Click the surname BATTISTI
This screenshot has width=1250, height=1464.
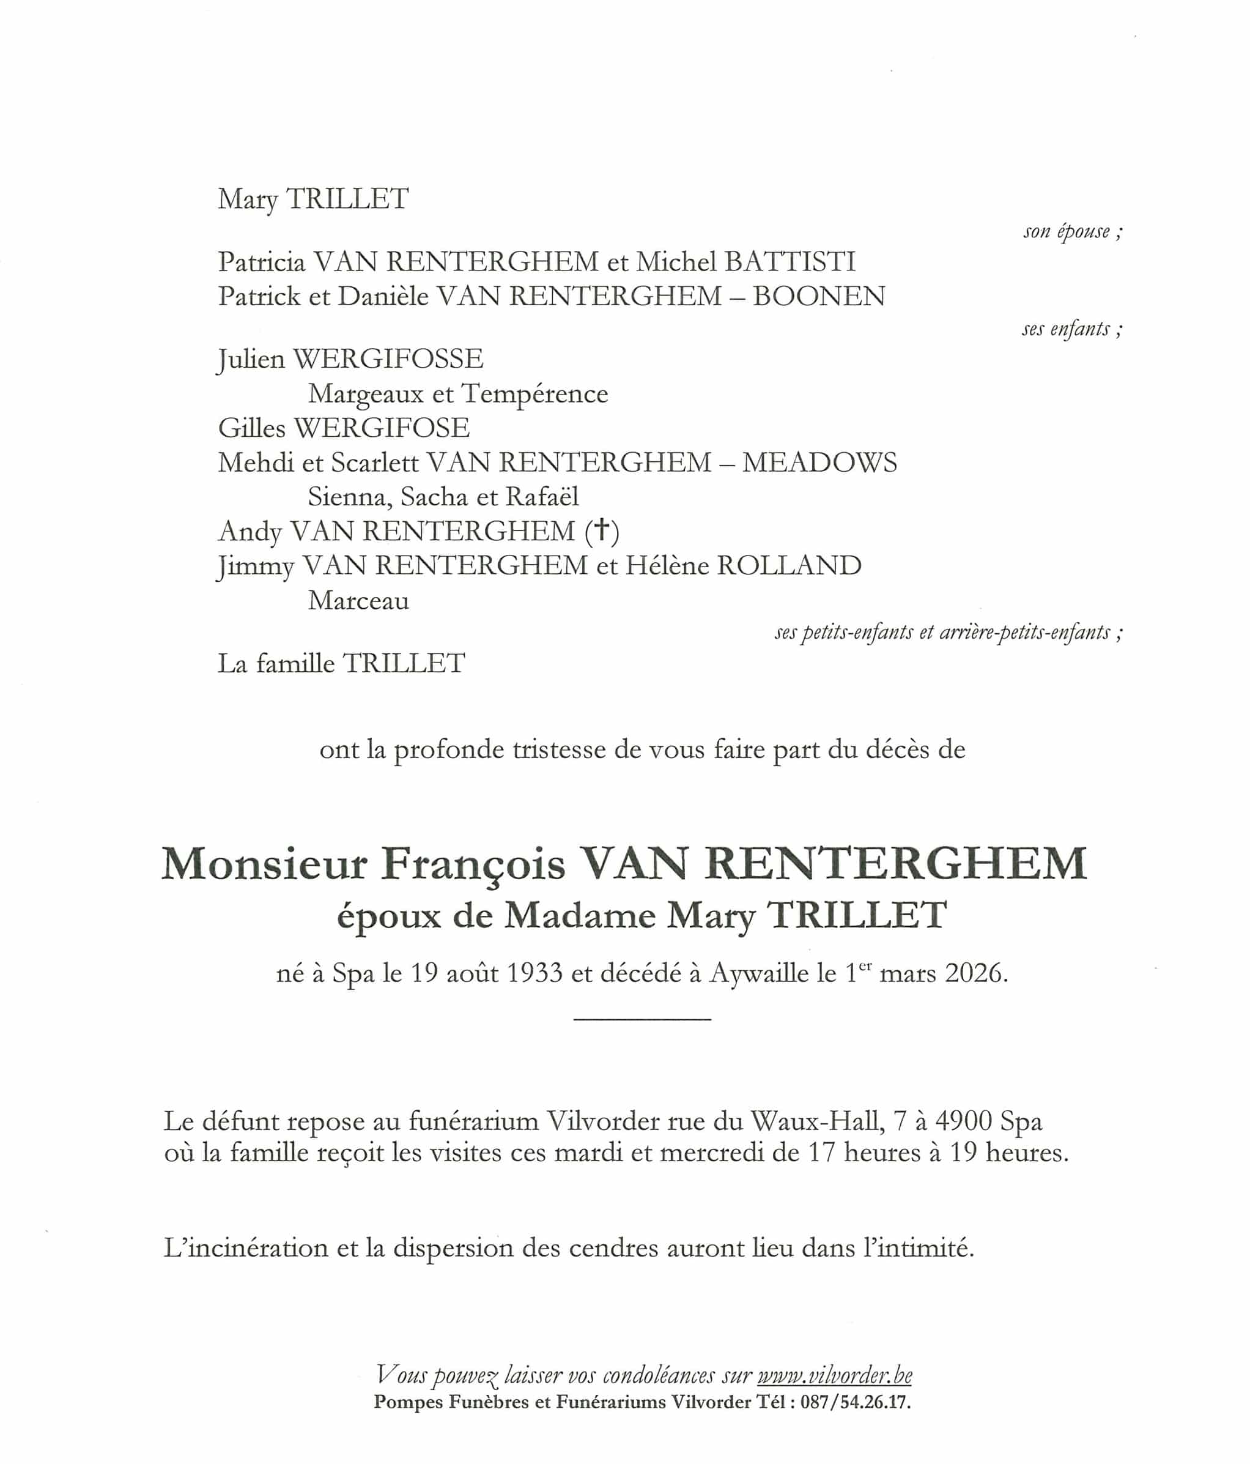pos(790,262)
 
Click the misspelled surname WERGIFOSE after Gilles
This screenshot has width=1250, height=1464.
pos(382,428)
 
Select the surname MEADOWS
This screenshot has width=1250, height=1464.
pos(819,463)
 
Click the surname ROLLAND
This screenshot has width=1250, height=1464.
pos(789,566)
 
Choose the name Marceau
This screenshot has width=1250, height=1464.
pos(359,601)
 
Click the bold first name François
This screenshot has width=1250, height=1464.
pos(473,864)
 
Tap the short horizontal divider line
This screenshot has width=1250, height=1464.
pos(642,1019)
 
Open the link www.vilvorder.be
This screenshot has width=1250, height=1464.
pos(834,1375)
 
